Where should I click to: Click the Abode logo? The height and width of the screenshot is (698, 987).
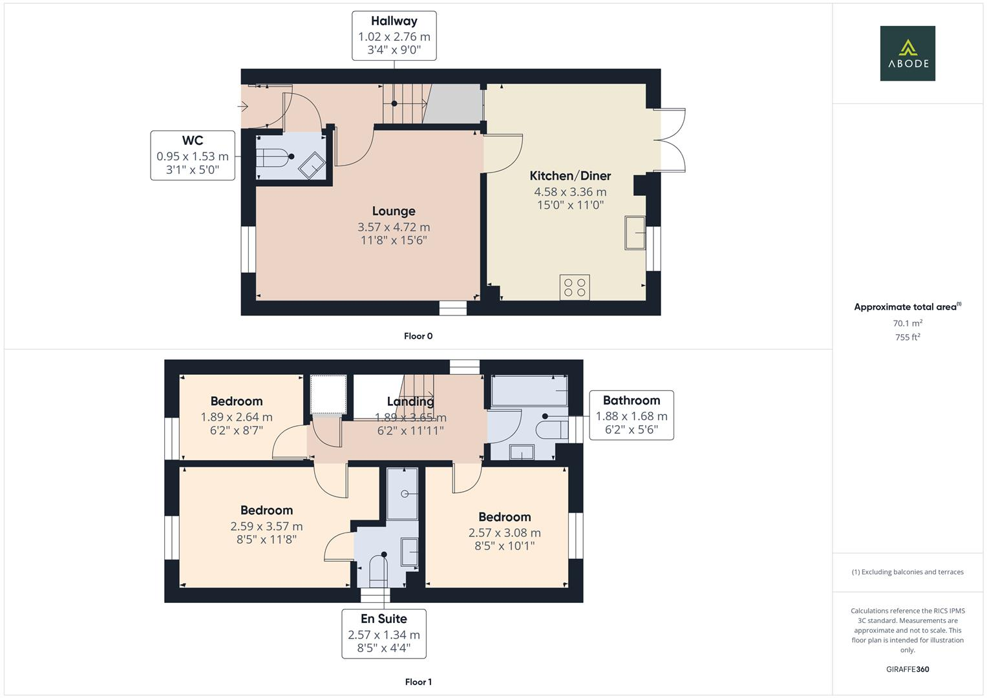[907, 53]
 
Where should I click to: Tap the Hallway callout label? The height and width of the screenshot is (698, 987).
[394, 36]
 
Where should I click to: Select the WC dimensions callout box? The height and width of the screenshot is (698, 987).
[193, 155]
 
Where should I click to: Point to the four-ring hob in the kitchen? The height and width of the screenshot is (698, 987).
[574, 288]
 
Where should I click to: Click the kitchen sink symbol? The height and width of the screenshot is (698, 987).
[634, 233]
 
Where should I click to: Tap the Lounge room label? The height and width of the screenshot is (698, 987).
[393, 211]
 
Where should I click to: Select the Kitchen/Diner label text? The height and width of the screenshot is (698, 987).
[569, 176]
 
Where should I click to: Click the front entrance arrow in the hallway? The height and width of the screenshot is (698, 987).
[244, 105]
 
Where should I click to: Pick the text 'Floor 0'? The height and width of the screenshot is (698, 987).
[418, 336]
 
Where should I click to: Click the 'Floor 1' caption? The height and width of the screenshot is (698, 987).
[418, 682]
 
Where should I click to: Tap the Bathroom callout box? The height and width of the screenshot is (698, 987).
[631, 415]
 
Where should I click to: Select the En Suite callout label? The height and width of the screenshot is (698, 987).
[383, 633]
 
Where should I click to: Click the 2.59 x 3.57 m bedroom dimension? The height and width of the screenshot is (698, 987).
[266, 527]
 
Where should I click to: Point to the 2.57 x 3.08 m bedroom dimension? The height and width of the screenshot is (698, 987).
[504, 533]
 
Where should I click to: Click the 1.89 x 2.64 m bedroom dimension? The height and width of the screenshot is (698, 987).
[236, 418]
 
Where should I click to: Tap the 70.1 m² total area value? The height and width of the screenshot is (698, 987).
[907, 323]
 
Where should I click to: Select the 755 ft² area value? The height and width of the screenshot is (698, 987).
[907, 337]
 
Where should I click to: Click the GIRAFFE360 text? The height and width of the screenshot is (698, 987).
[907, 669]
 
